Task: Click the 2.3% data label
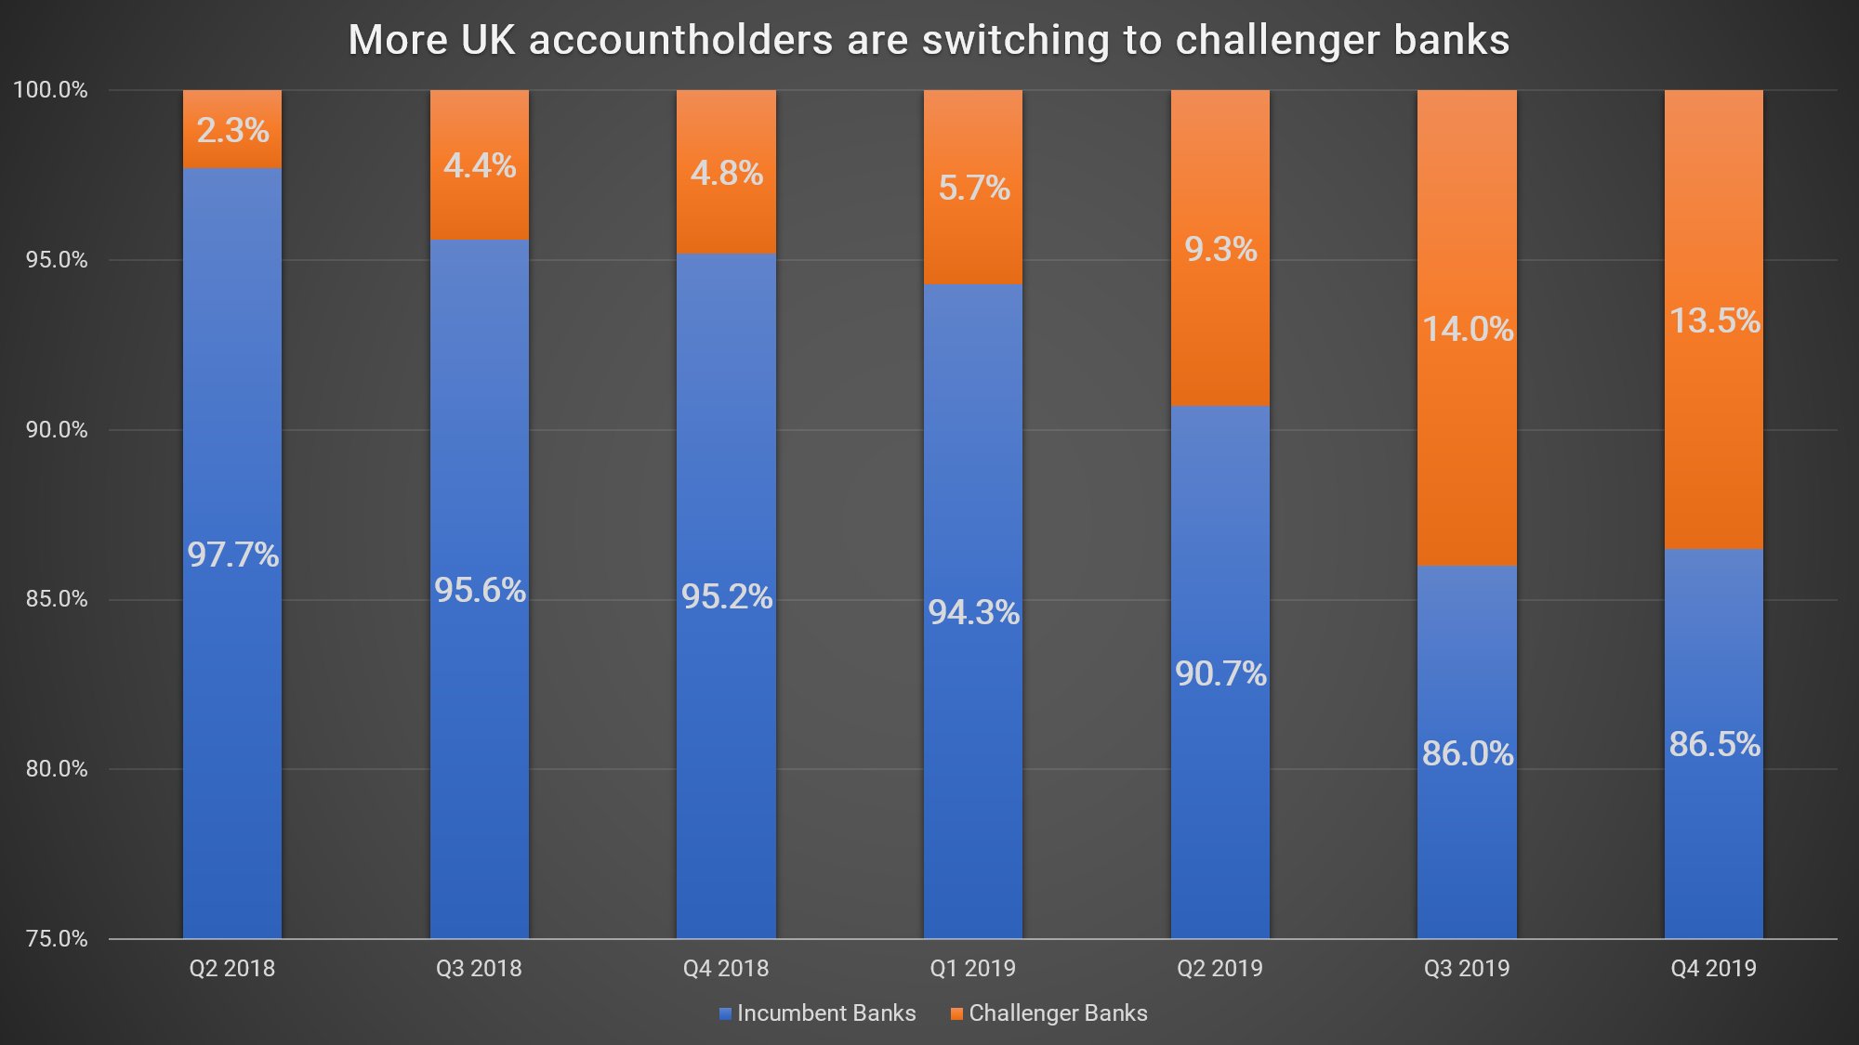coord(232,130)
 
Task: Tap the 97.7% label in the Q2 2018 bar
coord(232,555)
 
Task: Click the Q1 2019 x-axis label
coord(972,968)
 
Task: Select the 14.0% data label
coord(1468,329)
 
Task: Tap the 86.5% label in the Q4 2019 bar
coord(1714,744)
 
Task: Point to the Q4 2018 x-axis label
coord(726,968)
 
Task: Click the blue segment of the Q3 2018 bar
coord(479,743)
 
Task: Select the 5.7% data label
coord(973,188)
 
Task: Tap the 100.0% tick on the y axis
coord(50,90)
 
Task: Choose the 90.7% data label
coord(1220,673)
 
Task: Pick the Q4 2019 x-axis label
coord(1713,968)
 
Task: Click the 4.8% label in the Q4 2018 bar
coord(726,173)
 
